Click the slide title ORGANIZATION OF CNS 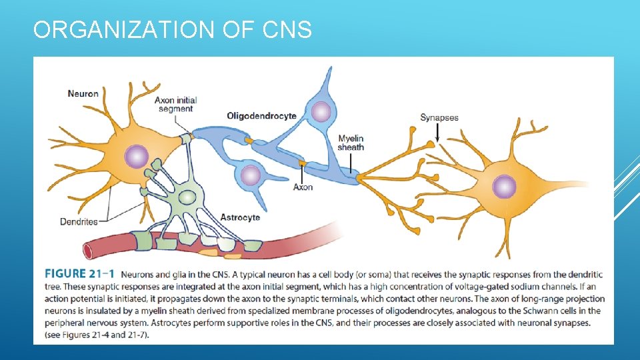coord(172,30)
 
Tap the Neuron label coord(83,94)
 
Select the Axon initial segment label coord(176,104)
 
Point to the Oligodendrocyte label coord(261,116)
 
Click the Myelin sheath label coord(351,143)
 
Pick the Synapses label coord(439,118)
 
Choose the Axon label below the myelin coord(303,187)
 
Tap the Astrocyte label coord(240,217)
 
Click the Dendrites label coord(79,221)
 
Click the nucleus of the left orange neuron coord(137,157)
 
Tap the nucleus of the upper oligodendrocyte coord(321,111)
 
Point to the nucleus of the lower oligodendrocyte coord(251,175)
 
